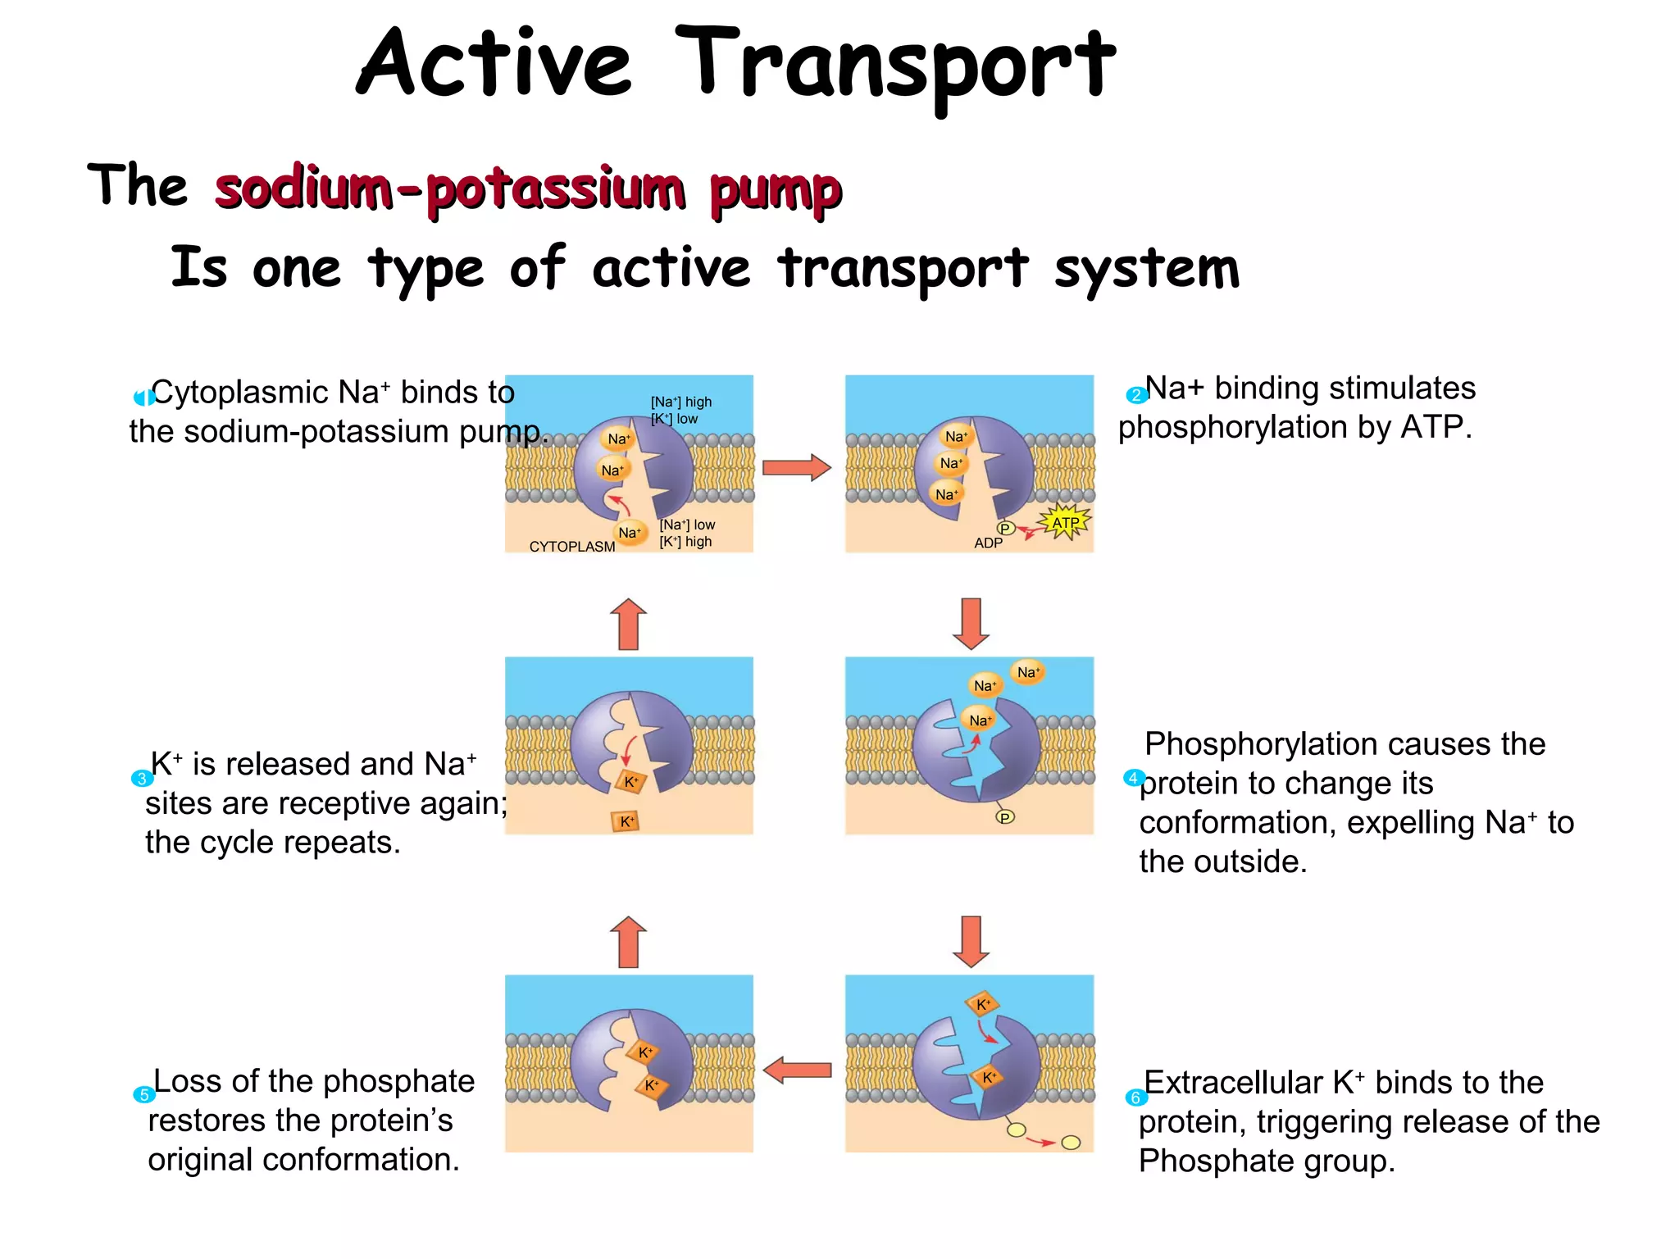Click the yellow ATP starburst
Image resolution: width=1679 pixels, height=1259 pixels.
coord(1065,522)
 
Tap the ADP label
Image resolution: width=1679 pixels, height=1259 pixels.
coord(988,543)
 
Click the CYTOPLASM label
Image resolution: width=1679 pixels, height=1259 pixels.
coord(571,547)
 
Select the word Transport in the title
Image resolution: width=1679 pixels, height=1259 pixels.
coord(894,64)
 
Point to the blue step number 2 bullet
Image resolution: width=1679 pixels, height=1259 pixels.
coord(1135,396)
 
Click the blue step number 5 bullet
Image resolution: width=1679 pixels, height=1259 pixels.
coord(143,1094)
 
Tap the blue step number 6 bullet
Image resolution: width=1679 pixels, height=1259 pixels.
coord(1135,1098)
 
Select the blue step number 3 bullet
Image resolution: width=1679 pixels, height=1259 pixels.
coord(142,779)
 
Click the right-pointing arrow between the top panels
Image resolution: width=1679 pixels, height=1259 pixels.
coord(796,468)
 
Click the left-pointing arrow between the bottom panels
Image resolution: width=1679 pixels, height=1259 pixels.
coord(796,1070)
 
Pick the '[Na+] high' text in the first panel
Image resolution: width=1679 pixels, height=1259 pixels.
coord(681,402)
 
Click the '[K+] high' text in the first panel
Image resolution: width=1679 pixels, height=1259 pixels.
coord(685,542)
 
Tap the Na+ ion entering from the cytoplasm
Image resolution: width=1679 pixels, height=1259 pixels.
coord(629,533)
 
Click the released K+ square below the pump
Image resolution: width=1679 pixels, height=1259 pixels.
coord(626,821)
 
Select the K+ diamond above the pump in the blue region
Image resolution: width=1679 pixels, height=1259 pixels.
coord(982,1004)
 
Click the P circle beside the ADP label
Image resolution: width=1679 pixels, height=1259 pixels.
coord(1005,529)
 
